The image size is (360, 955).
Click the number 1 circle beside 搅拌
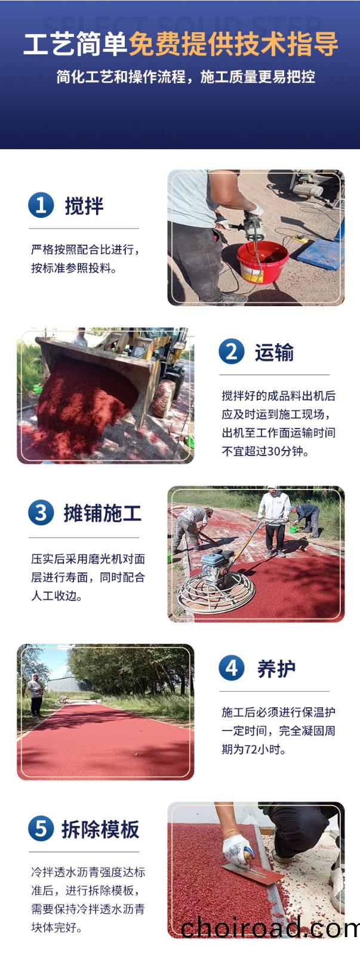pos(41,205)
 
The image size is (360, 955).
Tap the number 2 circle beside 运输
pos(232,352)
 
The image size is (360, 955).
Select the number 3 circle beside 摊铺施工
pos(41,513)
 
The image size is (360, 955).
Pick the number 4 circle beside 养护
pos(232,668)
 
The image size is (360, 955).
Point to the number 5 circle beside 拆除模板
pos(41,828)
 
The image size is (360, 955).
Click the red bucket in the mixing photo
pos(262,261)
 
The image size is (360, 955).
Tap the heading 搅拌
pos(84,206)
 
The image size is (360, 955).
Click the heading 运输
pos(274,353)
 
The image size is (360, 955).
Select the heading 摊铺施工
pos(102,513)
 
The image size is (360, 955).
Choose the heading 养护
pos(276,668)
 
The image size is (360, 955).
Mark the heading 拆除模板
pos(101,829)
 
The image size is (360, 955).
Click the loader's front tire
pos(163,399)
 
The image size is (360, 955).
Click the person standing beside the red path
pos(36,695)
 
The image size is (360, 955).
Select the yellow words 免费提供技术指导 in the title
pos(233,44)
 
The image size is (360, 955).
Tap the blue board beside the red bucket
pos(321,254)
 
